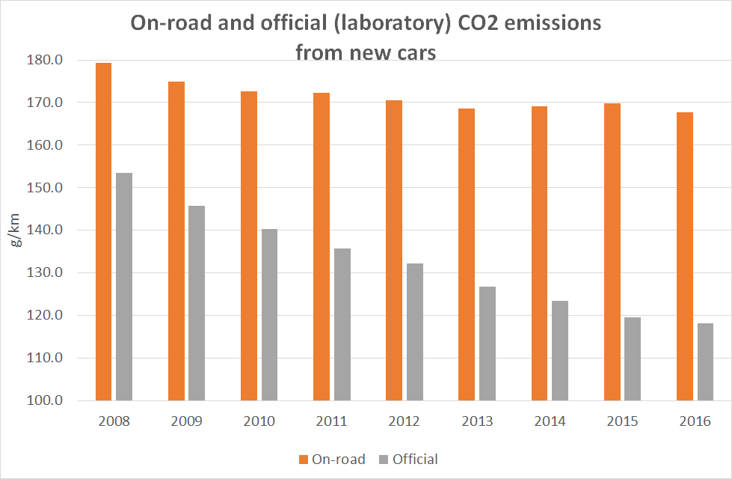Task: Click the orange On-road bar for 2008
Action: click(103, 232)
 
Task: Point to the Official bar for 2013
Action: click(488, 344)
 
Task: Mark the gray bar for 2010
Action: click(269, 314)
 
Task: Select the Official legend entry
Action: click(407, 459)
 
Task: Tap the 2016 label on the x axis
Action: click(695, 421)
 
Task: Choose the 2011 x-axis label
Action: click(331, 421)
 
